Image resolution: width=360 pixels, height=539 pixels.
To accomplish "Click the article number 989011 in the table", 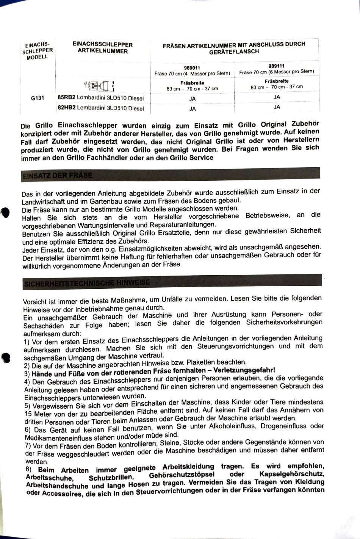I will click(192, 68).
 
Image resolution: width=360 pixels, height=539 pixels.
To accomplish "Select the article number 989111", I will click(276, 66).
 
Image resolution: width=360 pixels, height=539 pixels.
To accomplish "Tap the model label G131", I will click(38, 98).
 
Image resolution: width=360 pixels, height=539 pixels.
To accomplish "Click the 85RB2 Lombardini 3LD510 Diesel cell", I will click(101, 98).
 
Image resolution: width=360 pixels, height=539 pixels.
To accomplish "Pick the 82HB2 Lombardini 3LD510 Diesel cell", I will click(101, 108).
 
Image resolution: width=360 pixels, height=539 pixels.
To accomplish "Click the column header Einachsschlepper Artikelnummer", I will click(102, 48).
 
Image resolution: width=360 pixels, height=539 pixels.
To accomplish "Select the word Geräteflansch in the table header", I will click(234, 52).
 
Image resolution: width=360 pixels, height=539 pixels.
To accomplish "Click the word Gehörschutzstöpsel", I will click(182, 475).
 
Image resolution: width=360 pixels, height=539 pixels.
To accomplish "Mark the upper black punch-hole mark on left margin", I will click(5, 213).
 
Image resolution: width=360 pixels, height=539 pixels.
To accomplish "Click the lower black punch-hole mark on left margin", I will click(5, 358).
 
